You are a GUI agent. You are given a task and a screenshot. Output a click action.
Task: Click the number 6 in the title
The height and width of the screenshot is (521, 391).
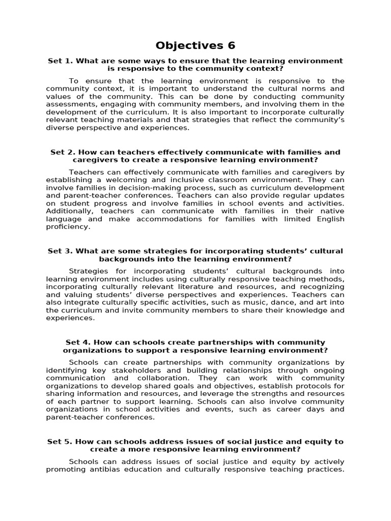232,45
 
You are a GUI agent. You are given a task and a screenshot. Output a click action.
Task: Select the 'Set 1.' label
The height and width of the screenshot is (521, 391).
60,61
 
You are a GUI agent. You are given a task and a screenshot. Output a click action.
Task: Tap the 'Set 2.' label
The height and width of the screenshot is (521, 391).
63,152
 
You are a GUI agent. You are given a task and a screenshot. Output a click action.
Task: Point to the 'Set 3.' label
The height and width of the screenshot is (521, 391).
60,251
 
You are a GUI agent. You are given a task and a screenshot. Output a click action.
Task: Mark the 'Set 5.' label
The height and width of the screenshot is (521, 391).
60,442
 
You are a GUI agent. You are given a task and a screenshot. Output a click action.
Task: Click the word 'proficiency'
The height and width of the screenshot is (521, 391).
67,226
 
